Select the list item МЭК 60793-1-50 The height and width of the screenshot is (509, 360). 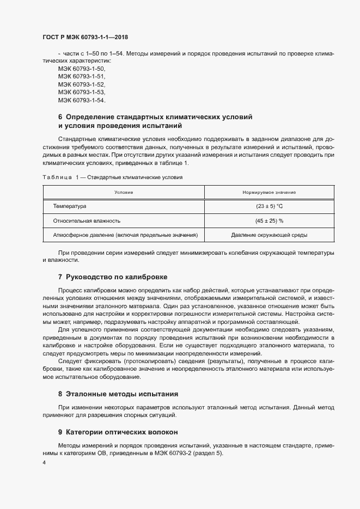click(x=82, y=69)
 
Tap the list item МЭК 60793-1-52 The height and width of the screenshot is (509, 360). click(x=82, y=85)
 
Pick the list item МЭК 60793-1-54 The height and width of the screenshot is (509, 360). click(x=82, y=100)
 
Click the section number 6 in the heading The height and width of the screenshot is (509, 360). click(x=60, y=117)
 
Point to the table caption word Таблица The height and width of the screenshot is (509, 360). click(x=57, y=177)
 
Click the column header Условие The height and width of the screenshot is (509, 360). click(x=124, y=193)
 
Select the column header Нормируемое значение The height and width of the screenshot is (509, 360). click(x=269, y=193)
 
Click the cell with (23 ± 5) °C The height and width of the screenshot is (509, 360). click(x=269, y=207)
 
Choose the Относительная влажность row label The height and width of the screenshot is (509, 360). click(x=87, y=221)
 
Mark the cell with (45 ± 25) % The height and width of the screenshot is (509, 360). click(x=269, y=221)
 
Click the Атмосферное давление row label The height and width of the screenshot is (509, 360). click(x=125, y=235)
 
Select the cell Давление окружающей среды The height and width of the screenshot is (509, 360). click(x=269, y=235)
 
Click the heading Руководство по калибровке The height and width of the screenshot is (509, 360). click(x=116, y=277)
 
